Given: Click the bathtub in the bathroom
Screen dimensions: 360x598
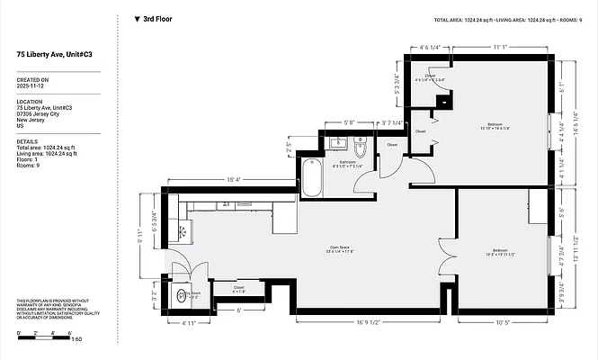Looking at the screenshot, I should pyautogui.click(x=309, y=177).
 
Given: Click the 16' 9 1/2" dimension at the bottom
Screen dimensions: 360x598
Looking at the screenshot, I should pyautogui.click(x=356, y=320).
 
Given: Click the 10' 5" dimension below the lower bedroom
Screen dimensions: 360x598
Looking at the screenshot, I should pyautogui.click(x=501, y=320).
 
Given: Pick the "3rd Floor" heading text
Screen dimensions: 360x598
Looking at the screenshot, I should pyautogui.click(x=159, y=18).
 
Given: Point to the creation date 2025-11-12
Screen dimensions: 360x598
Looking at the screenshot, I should pyautogui.click(x=32, y=86).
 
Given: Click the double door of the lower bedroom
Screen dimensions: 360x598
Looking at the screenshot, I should pyautogui.click(x=445, y=265).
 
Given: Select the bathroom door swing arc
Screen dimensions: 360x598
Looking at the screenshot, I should pyautogui.click(x=367, y=183).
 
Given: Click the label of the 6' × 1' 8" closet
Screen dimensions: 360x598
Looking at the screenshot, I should pyautogui.click(x=240, y=291).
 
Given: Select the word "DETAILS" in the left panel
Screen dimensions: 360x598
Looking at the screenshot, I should pyautogui.click(x=27, y=141).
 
